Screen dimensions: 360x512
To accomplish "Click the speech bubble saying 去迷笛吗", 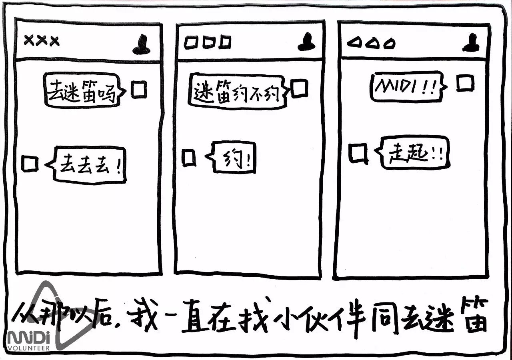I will tap(82, 90).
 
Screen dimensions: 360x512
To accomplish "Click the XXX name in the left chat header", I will tap(42, 41).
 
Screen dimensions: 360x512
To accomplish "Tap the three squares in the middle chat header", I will tap(207, 42).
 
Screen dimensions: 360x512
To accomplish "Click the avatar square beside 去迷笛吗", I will tap(139, 90).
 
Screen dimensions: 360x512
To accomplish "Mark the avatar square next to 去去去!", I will tap(30, 164).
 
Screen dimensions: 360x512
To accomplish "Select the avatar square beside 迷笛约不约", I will tap(300, 89).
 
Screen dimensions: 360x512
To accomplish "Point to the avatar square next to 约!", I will tap(189, 157).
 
